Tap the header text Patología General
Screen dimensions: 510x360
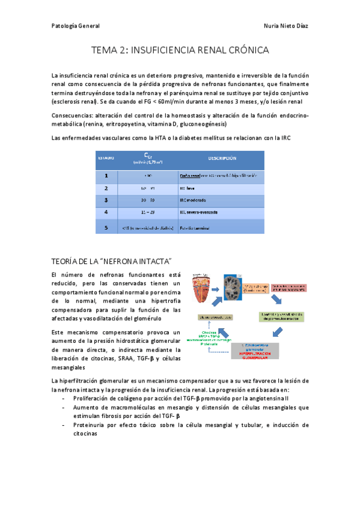[x=76, y=26]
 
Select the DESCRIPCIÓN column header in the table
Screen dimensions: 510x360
[x=221, y=159]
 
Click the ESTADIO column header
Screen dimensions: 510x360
[x=106, y=159]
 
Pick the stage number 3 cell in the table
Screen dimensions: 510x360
[x=106, y=200]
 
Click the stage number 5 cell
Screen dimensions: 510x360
[x=106, y=228]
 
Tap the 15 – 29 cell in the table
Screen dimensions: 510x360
[x=147, y=212]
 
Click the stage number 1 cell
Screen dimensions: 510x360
[x=106, y=176]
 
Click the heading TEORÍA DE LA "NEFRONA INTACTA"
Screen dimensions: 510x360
[x=112, y=260]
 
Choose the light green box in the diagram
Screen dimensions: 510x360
[x=282, y=316]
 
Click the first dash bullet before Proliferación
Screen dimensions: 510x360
[x=64, y=398]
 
